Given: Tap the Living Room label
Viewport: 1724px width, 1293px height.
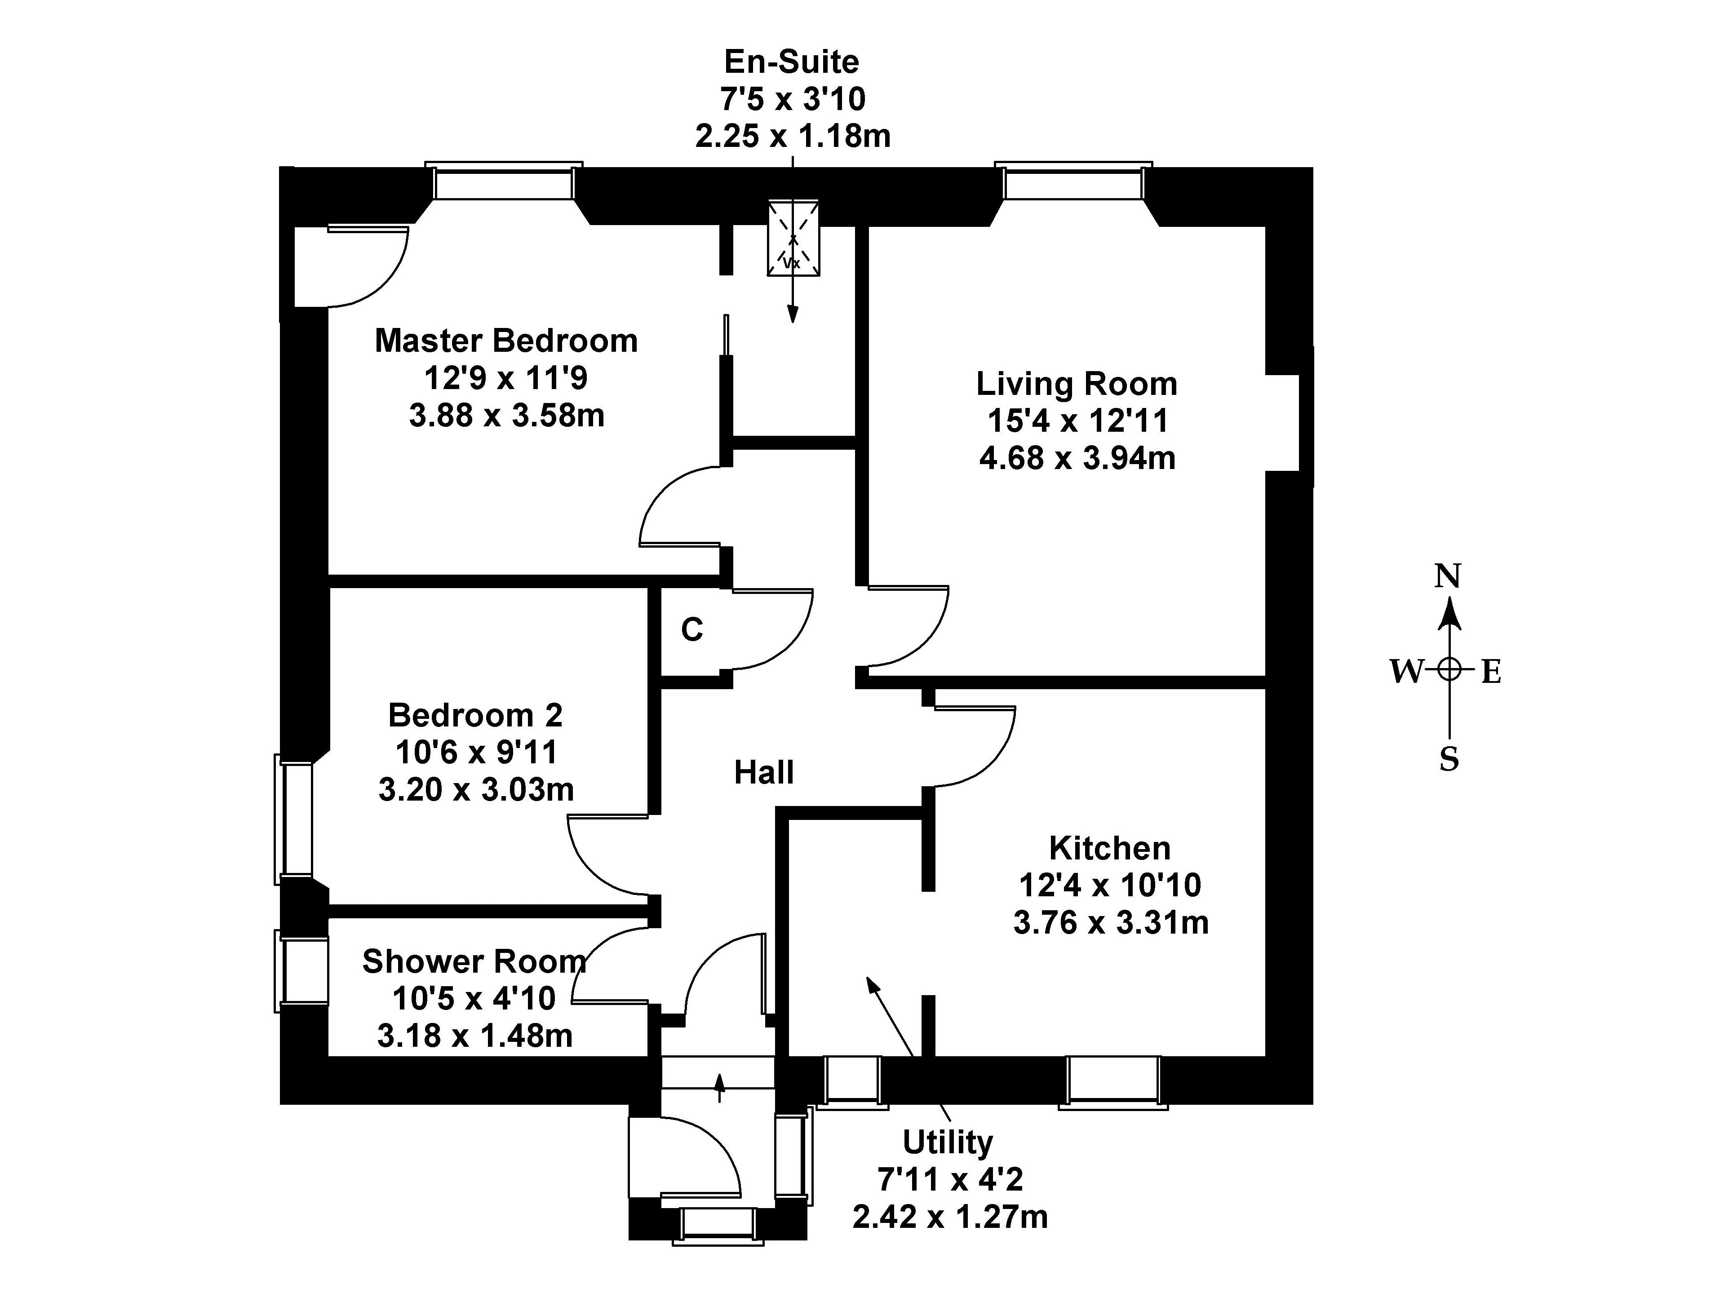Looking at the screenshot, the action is point(1077,384).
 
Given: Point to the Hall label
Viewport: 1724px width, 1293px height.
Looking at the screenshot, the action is point(764,772).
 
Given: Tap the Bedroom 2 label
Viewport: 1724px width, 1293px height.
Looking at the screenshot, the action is point(475,715).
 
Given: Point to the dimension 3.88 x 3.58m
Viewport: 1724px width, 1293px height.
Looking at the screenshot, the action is point(507,416).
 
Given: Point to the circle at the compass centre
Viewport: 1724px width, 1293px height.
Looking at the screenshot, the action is point(1449,669).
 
